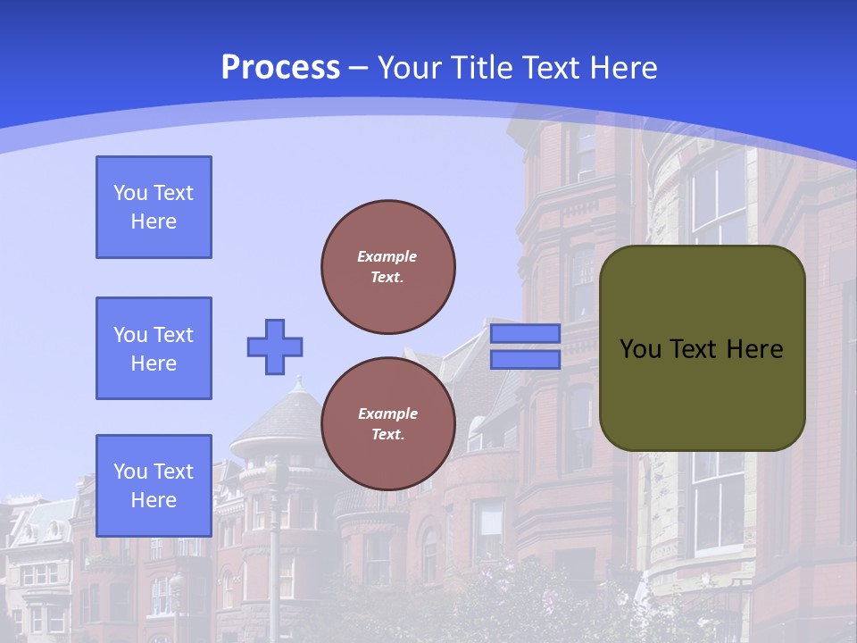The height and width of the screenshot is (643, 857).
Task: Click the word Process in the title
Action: (280, 67)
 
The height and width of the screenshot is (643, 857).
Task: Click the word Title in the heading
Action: (479, 67)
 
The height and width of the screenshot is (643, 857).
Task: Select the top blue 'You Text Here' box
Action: (154, 207)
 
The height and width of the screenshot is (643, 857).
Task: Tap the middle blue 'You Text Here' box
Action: (154, 348)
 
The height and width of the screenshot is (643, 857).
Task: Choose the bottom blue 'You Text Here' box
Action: (154, 486)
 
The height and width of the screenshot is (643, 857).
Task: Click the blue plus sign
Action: (275, 347)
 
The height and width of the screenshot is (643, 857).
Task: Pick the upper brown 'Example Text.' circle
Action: (388, 267)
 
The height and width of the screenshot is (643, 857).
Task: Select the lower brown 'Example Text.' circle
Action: (388, 424)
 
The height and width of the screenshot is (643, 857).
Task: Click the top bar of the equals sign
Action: (526, 334)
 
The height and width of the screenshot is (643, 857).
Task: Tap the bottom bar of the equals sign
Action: (526, 359)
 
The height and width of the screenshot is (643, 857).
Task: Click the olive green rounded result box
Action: (703, 393)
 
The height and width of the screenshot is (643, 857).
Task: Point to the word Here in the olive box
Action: (754, 349)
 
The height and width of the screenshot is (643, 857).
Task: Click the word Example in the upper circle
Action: (387, 256)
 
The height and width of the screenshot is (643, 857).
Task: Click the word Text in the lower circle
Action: (387, 435)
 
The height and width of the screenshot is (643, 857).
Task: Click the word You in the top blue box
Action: (130, 193)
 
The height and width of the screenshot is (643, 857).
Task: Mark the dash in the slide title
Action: (359, 67)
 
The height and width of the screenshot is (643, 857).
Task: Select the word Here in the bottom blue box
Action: (154, 500)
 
